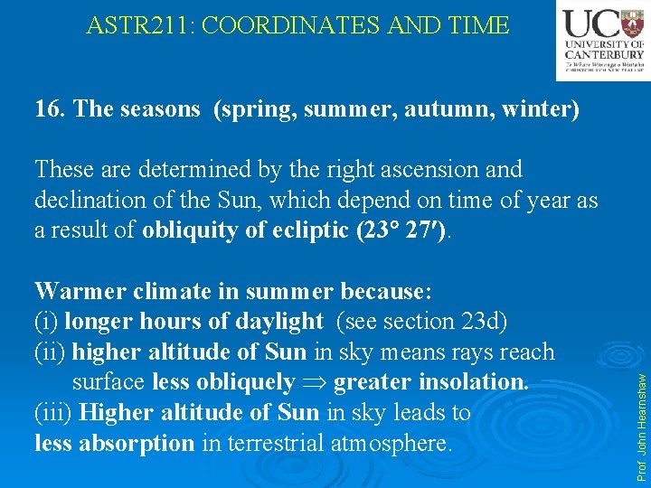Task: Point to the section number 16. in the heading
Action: click(50, 109)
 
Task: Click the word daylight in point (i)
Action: click(276, 322)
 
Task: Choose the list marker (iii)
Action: click(53, 413)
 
